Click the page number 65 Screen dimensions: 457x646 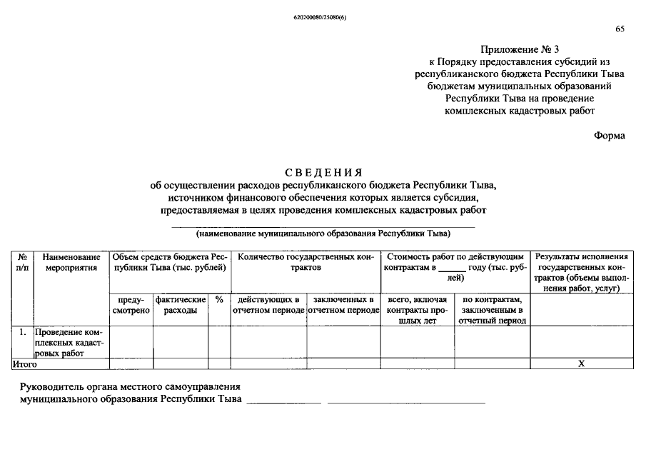pos(620,29)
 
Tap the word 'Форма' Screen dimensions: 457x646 pos(610,136)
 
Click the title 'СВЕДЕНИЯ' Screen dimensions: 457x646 pos(323,172)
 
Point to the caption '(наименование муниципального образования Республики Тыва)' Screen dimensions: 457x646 pos(323,233)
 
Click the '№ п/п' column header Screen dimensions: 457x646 pos(22,262)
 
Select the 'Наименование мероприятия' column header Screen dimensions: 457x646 pos(71,262)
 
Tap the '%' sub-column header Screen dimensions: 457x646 pos(219,300)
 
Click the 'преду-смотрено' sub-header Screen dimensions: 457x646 pos(131,306)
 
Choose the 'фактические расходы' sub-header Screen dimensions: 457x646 pos(181,306)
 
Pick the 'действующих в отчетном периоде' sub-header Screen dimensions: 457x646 pos(268,306)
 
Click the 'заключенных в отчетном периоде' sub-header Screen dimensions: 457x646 pos(343,306)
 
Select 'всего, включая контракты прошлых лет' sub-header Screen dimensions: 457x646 pos(417,311)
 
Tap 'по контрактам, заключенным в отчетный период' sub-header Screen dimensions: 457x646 pos(493,311)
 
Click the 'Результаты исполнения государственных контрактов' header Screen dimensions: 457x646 pos(581,272)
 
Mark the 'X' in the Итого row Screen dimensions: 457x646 pos(581,364)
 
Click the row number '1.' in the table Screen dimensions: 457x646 pos(23,333)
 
